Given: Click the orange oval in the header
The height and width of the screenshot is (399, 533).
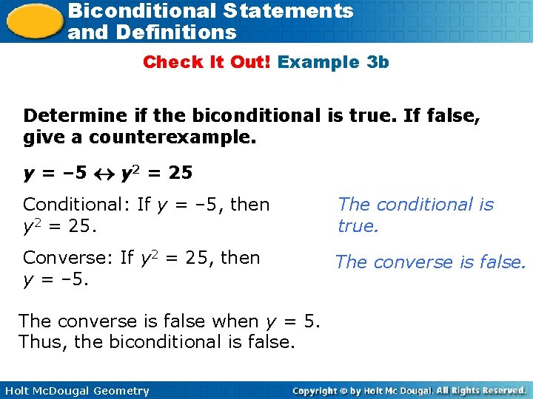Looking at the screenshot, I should pyautogui.click(x=34, y=20).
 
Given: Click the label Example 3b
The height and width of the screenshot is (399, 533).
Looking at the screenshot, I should pyautogui.click(x=333, y=62).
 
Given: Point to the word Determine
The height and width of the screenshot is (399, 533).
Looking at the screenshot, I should pyautogui.click(x=67, y=116).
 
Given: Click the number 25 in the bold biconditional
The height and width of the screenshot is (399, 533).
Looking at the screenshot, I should pyautogui.click(x=180, y=174).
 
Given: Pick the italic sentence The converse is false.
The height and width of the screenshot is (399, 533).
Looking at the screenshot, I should pyautogui.click(x=430, y=262).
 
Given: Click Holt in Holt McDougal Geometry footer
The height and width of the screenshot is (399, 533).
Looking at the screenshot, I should pyautogui.click(x=17, y=391).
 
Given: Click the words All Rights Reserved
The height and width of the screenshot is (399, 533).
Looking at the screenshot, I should pyautogui.click(x=480, y=390).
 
